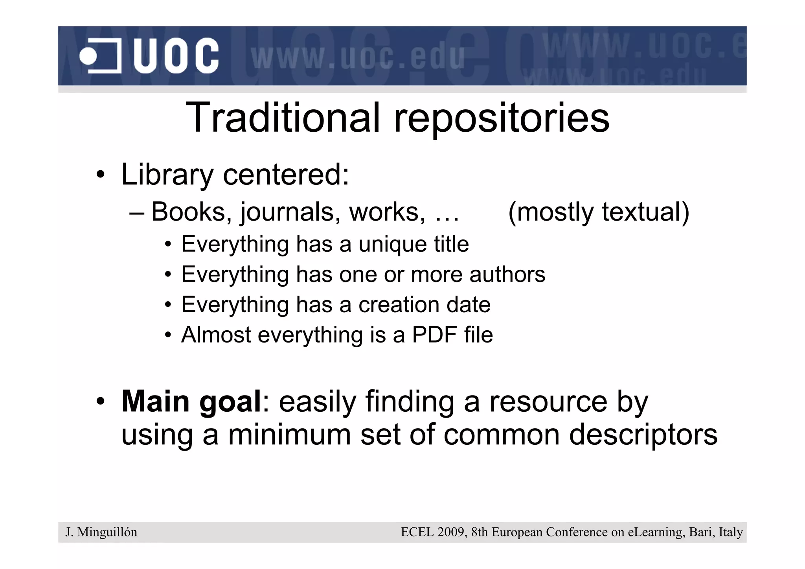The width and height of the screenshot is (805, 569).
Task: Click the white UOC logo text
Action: pos(176,56)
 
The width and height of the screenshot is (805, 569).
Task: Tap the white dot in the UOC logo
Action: pos(88,56)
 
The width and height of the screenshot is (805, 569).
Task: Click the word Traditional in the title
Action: pos(283,118)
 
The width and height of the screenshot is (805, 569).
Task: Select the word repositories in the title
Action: pos(502,118)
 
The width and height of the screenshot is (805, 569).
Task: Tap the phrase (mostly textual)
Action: pos(599,212)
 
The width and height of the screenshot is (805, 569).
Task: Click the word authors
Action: pos(507,274)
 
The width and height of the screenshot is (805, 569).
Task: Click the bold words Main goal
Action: pos(191,401)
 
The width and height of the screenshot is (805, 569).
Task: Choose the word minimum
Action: pos(289,435)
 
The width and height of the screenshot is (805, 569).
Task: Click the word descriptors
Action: pos(643,435)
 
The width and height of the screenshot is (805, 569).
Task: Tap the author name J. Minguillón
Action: pos(101,532)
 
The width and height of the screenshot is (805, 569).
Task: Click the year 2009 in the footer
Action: pos(450,532)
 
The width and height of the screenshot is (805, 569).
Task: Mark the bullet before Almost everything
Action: pos(168,335)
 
